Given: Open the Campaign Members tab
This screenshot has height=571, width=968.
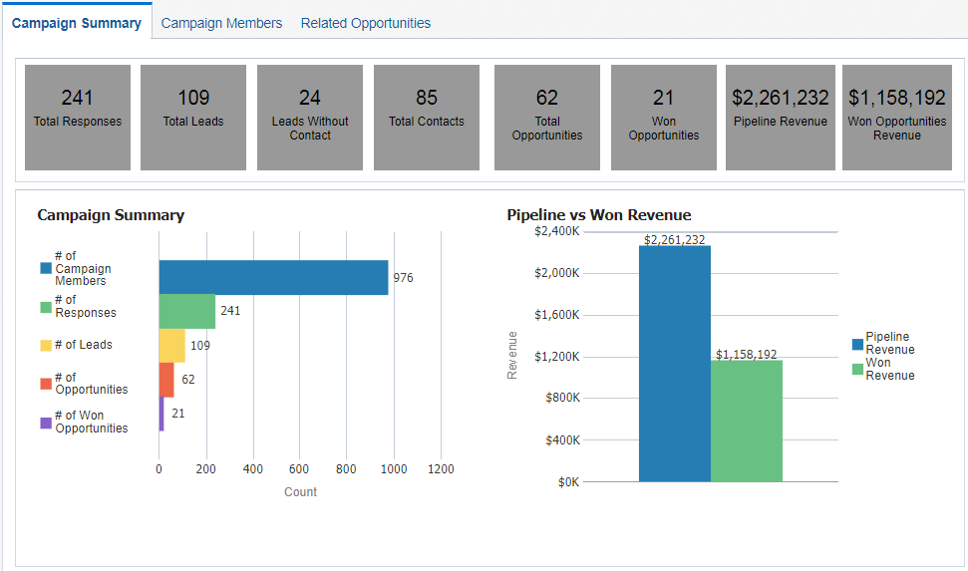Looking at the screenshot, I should click(x=221, y=23).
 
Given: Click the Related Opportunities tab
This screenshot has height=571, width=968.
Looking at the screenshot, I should click(x=366, y=23).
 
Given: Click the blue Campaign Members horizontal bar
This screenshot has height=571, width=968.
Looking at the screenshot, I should click(x=273, y=278).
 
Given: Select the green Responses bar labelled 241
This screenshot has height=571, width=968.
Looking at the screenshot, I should click(x=187, y=311).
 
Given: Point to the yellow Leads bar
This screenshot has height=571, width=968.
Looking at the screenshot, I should click(x=171, y=345).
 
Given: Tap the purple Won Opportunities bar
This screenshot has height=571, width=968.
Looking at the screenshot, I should click(x=161, y=414).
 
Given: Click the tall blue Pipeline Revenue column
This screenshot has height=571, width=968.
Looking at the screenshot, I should click(x=675, y=364).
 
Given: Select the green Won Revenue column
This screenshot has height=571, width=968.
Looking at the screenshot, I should click(x=747, y=421).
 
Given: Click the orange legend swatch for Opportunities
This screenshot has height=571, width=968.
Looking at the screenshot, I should click(x=46, y=384).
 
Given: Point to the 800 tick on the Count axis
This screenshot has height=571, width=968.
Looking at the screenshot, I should click(x=346, y=468).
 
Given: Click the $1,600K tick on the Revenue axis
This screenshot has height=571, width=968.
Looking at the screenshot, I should click(x=557, y=315).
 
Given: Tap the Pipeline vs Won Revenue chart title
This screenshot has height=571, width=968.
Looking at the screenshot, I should click(x=599, y=215).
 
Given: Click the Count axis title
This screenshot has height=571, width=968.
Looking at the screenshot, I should click(x=300, y=491).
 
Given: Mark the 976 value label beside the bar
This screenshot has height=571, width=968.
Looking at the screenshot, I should click(x=403, y=278).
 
